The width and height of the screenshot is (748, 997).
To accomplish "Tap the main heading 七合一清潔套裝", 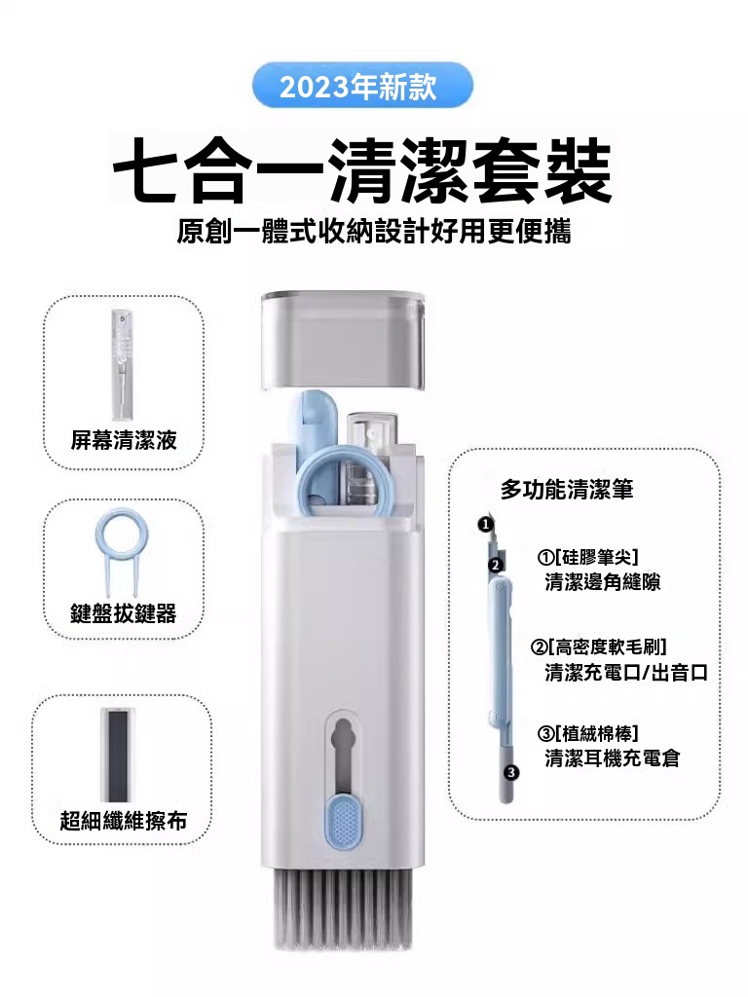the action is (x=362, y=170).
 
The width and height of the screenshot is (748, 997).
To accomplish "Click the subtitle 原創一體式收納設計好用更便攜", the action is (x=374, y=232).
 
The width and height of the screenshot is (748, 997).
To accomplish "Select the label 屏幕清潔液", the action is (x=124, y=440).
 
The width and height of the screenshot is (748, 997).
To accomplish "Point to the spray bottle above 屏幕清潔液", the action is (x=123, y=365).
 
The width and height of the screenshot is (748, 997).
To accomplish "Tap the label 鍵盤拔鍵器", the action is (x=124, y=613).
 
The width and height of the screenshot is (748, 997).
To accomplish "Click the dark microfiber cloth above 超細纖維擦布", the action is (x=118, y=755).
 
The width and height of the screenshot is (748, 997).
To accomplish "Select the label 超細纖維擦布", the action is (x=124, y=821).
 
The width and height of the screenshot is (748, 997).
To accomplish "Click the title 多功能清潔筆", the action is (x=567, y=489).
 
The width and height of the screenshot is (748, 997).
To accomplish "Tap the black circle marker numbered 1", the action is (x=485, y=524).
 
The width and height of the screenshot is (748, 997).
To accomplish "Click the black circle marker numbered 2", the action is (x=496, y=565).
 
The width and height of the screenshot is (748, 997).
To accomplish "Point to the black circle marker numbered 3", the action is (x=511, y=772).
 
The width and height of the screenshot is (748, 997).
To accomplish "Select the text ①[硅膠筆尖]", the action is (x=587, y=558).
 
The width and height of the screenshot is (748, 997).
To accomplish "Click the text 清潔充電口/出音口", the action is (x=626, y=673).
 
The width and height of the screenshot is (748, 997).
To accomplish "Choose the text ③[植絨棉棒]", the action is (x=587, y=734).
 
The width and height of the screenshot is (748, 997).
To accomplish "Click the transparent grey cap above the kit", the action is (x=343, y=340).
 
